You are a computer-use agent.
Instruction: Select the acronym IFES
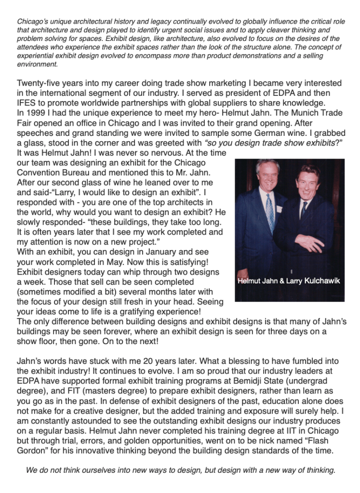click(x=27, y=103)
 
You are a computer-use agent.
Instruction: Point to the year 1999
click(x=36, y=113)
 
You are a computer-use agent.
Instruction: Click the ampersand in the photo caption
click(x=280, y=280)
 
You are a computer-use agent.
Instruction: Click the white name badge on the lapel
click(x=279, y=209)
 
